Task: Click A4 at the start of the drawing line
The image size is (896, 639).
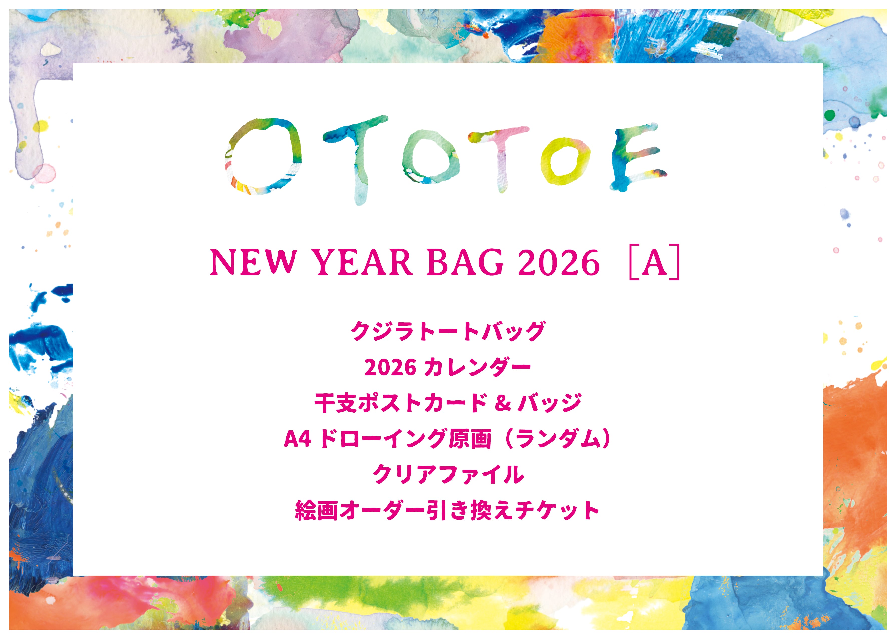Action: (297, 439)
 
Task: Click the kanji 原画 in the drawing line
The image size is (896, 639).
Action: (471, 439)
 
